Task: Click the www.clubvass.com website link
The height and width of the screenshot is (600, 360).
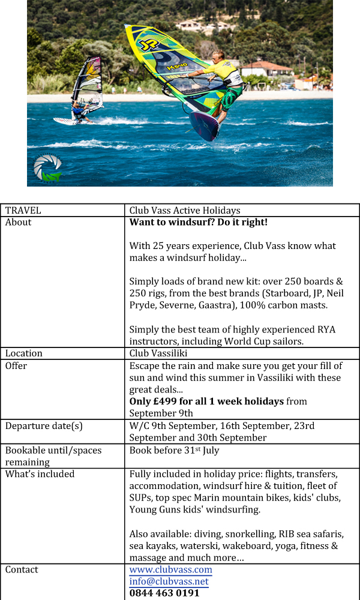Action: (170, 569)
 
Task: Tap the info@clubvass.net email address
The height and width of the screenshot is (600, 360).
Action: (169, 581)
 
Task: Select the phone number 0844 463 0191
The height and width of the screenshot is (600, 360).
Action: (164, 593)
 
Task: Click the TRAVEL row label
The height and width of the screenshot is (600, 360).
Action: (23, 210)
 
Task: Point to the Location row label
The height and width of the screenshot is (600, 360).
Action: (24, 353)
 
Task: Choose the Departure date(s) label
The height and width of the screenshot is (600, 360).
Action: (44, 425)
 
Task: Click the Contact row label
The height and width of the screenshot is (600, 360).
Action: (22, 569)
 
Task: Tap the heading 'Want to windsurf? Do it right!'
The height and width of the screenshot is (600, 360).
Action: (198, 222)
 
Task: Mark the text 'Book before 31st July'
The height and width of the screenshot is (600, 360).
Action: (173, 450)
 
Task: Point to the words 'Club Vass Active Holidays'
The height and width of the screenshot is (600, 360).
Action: (185, 210)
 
